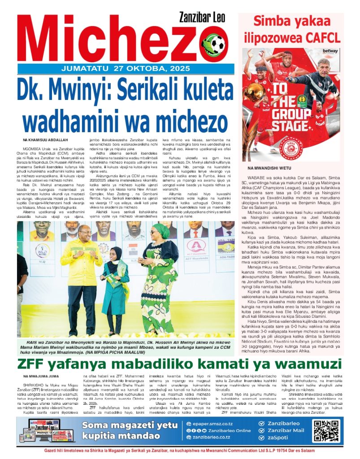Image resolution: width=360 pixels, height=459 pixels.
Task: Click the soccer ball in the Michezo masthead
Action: pos(217,44)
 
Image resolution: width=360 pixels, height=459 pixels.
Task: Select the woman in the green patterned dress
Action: pos(159,273)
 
